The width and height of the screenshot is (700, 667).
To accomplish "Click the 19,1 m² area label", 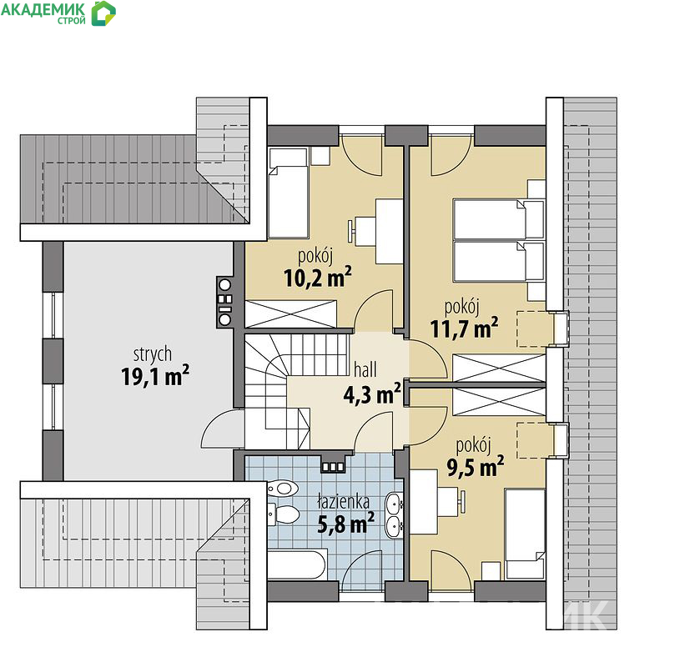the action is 155,376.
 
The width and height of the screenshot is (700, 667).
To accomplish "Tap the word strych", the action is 153,354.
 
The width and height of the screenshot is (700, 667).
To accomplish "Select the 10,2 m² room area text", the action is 317,278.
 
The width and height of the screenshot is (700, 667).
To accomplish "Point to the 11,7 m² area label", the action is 464,328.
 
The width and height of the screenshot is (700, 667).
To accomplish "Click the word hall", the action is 365,369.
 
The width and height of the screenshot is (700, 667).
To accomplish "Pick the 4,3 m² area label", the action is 372,394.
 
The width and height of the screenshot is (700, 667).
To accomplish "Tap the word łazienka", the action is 343,501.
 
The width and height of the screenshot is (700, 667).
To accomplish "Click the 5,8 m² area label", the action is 345,524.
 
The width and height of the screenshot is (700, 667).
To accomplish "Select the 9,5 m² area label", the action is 476,467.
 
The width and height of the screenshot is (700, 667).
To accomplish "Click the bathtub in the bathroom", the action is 297,564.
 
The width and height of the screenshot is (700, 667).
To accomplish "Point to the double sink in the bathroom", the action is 394,514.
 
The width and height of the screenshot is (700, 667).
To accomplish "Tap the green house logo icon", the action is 103,13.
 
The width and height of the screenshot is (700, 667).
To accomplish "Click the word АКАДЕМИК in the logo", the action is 43,9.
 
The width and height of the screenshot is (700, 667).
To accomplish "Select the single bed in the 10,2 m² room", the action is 289,193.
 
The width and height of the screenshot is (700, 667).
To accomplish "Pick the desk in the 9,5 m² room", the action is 424,501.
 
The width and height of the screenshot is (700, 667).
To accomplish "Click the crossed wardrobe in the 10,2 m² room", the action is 290,314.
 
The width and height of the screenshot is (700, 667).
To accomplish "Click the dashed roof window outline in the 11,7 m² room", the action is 535,328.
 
